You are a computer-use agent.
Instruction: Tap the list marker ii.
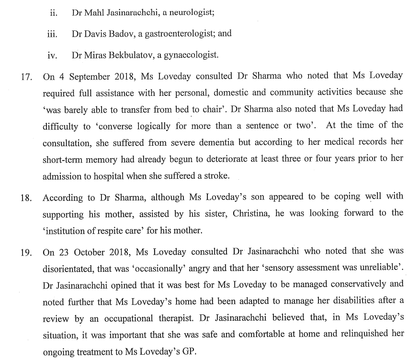pyautogui.click(x=53, y=12)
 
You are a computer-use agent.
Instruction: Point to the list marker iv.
pyautogui.click(x=53, y=55)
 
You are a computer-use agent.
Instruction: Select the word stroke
pyautogui.click(x=216, y=176)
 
